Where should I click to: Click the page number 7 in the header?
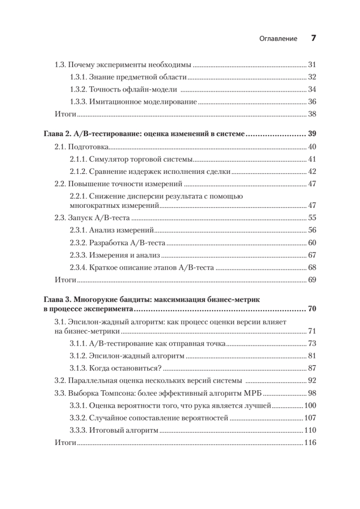tap(314, 38)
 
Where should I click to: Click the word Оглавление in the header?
tap(278, 39)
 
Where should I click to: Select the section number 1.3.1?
tap(78, 78)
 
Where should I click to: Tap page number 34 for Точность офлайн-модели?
tap(312, 89)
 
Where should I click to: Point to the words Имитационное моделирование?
tap(143, 102)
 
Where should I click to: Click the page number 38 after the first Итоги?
tap(312, 114)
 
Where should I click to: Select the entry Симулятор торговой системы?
tap(141, 159)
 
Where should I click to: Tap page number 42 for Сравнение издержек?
tap(312, 172)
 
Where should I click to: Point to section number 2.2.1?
tap(78, 196)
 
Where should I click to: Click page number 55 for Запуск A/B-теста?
tap(312, 218)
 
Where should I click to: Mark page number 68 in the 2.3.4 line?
tap(312, 268)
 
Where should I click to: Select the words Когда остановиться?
tap(126, 368)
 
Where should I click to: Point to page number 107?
tap(310, 418)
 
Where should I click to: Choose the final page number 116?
tap(310, 442)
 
